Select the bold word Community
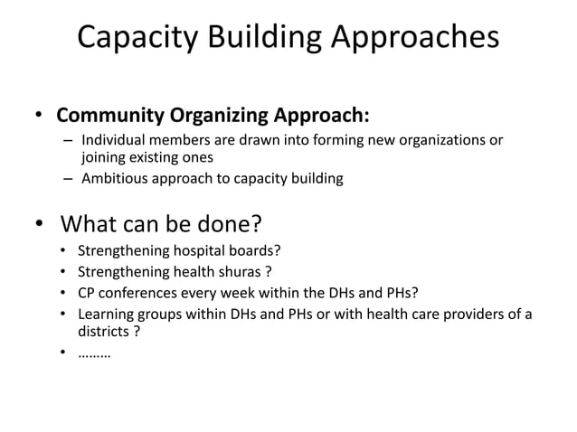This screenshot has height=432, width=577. pos(108,117)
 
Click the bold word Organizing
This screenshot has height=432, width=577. pos(212,117)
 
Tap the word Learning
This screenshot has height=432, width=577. pos(107,314)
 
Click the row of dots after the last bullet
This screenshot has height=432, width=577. pos(95,354)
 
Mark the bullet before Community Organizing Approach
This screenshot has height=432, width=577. pos(39,117)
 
